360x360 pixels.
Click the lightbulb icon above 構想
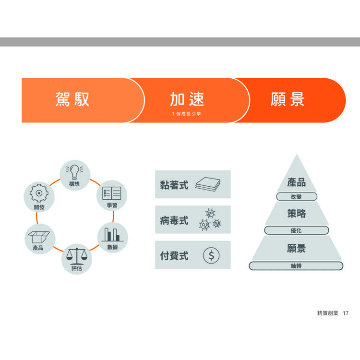(x=74, y=172)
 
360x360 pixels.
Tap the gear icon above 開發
(x=39, y=193)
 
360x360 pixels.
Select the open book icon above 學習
(x=111, y=193)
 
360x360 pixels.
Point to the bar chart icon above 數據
(x=112, y=234)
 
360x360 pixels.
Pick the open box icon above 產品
(x=39, y=237)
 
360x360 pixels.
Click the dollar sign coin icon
(x=211, y=255)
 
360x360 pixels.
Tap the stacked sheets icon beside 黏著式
(x=208, y=184)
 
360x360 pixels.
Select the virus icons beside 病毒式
(x=210, y=219)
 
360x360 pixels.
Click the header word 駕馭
(x=72, y=99)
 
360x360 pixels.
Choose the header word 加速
(x=187, y=99)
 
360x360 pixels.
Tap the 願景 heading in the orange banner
(x=288, y=99)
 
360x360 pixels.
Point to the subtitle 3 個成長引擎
(x=186, y=114)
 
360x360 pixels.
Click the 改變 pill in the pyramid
(x=297, y=197)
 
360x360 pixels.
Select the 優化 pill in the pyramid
(x=297, y=230)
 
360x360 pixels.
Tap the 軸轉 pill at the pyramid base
(x=296, y=266)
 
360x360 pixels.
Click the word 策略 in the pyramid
(x=297, y=213)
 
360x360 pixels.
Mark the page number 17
(x=346, y=313)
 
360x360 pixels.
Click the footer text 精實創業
(x=328, y=313)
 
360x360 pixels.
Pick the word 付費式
(x=174, y=255)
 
